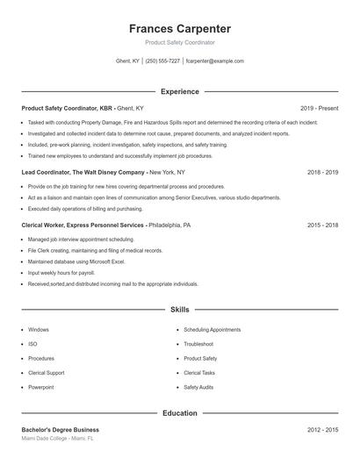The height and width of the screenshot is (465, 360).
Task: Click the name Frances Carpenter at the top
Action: (179, 28)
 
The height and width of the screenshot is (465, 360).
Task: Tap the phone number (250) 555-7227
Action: (162, 61)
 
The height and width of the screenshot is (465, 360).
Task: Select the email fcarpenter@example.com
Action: (214, 61)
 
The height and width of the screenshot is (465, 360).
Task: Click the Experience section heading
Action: (179, 91)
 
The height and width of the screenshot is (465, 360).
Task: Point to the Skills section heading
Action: (179, 310)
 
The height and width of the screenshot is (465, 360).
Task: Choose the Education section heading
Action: (179, 412)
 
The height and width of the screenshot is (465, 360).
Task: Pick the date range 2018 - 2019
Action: (322, 173)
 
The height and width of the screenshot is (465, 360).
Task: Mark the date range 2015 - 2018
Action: (322, 225)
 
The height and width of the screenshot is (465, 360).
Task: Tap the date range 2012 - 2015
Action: (322, 430)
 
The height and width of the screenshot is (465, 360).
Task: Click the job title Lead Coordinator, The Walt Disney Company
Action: (83, 173)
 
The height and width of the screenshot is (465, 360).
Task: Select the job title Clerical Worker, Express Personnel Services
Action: (83, 225)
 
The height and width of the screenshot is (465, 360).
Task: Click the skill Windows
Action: (39, 330)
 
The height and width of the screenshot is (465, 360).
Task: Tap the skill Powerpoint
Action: (41, 387)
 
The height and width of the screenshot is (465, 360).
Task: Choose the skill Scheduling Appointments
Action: (212, 330)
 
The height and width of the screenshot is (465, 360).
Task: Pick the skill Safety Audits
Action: (198, 387)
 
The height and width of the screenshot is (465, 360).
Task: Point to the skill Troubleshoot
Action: (198, 344)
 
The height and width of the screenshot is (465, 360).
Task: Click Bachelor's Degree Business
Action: (60, 430)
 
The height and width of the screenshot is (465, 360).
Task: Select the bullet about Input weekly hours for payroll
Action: (61, 273)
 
